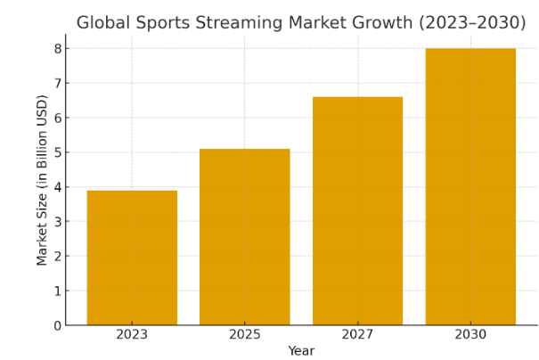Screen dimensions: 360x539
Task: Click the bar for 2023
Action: click(x=132, y=258)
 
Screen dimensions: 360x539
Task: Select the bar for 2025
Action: click(x=244, y=237)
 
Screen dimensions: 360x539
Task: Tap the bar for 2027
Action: click(x=357, y=211)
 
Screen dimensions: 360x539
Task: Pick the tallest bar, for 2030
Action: click(x=470, y=187)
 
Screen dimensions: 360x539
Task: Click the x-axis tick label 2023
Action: click(x=132, y=335)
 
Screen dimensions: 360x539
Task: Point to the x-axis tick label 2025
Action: click(x=244, y=335)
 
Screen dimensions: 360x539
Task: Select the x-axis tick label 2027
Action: click(x=357, y=335)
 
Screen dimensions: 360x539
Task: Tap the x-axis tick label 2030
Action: click(x=470, y=335)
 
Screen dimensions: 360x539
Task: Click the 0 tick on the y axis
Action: click(x=57, y=326)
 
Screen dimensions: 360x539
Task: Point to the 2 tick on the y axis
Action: click(x=57, y=257)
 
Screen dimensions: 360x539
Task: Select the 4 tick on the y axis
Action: click(x=57, y=187)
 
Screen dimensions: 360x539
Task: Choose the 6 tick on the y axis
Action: click(x=57, y=118)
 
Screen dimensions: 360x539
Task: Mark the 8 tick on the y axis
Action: click(x=57, y=49)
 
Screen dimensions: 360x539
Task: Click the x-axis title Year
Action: click(x=301, y=351)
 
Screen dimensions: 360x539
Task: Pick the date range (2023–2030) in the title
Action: click(x=472, y=23)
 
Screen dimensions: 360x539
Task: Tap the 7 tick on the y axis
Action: click(x=57, y=84)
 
